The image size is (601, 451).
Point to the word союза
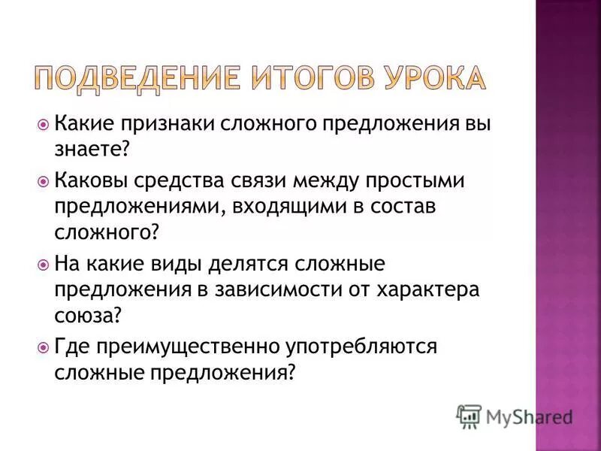[87, 316]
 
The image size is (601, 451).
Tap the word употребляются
[361, 348]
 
